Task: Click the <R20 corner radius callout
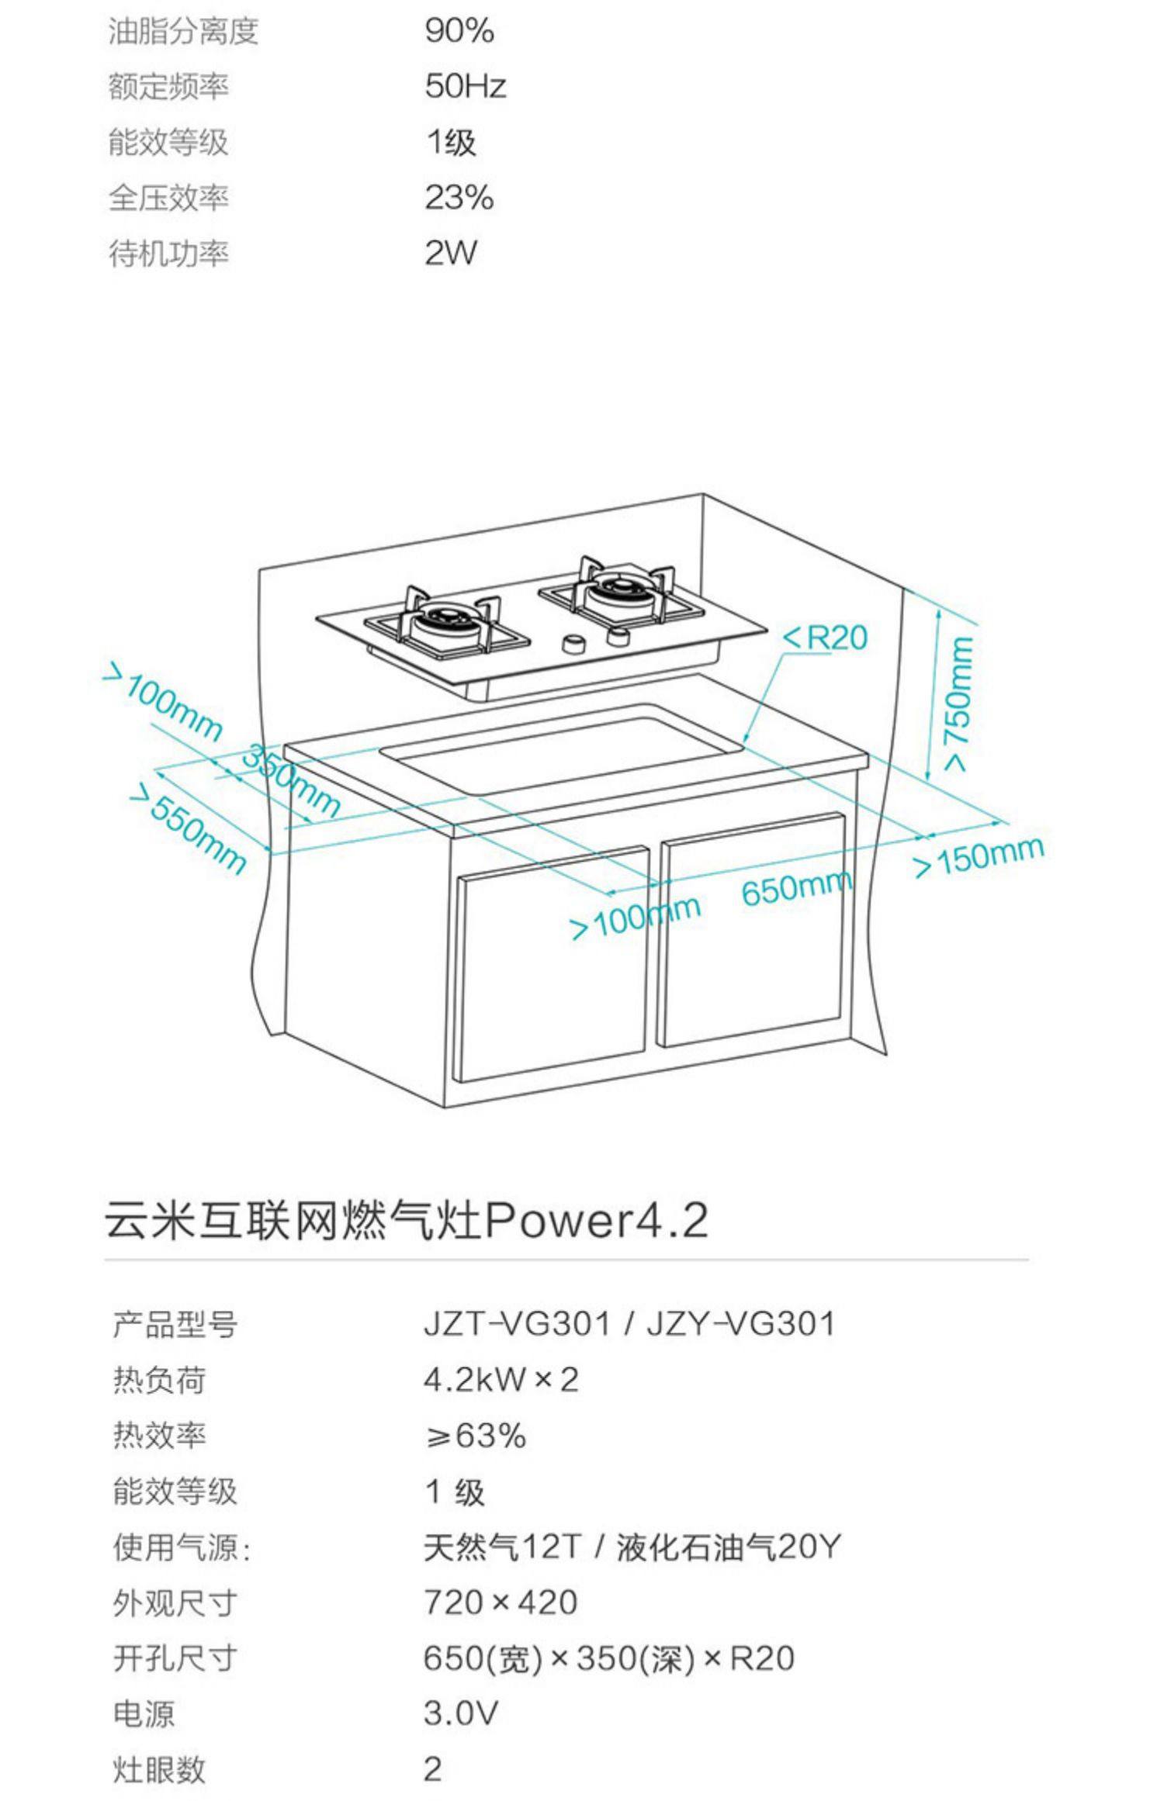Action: [x=826, y=638]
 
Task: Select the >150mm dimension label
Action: [x=979, y=856]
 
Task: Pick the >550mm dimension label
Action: [x=188, y=828]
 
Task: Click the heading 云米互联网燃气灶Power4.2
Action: [x=407, y=1220]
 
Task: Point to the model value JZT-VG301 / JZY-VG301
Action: [x=629, y=1324]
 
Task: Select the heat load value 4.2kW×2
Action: [x=501, y=1380]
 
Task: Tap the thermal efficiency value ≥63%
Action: [x=476, y=1436]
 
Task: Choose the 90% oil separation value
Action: [x=459, y=31]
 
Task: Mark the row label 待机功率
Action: [x=168, y=254]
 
